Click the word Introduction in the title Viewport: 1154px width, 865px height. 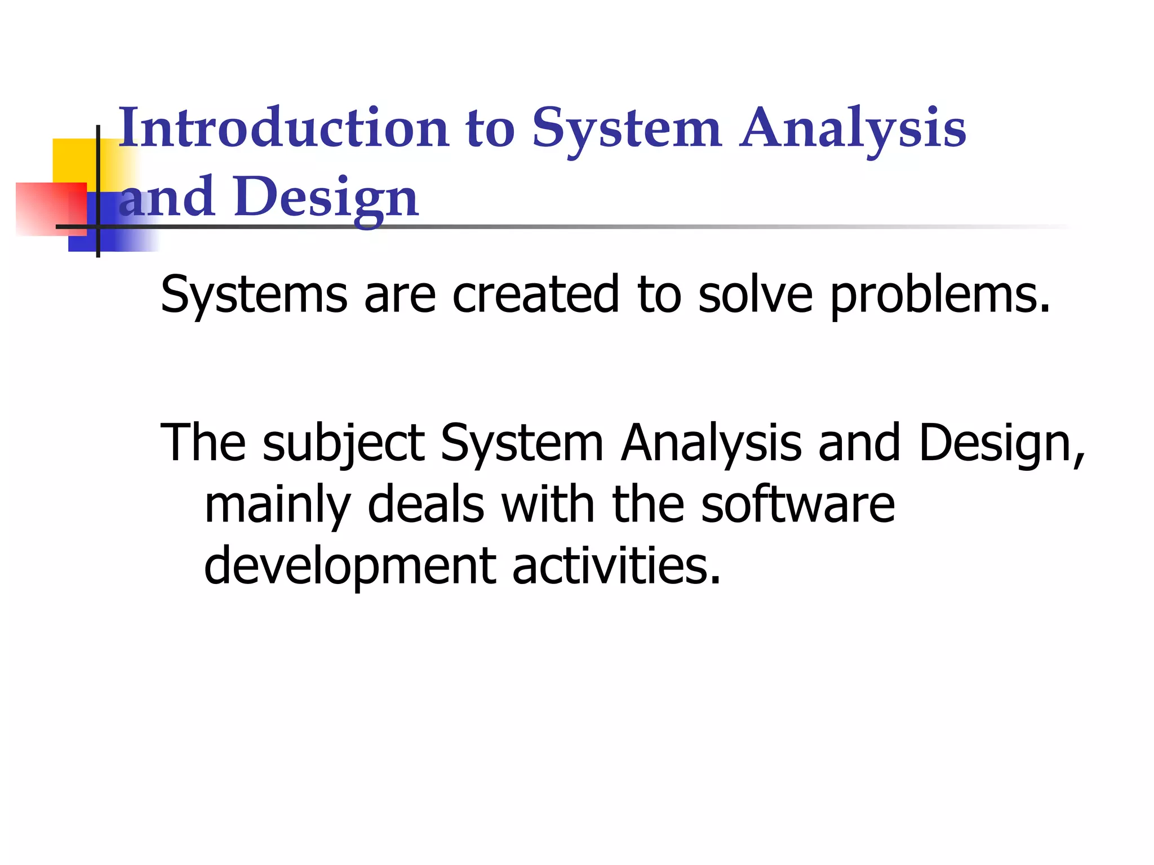[x=283, y=128]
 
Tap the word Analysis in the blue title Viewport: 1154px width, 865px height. [x=853, y=130]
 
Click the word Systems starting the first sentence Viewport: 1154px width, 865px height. [x=254, y=296]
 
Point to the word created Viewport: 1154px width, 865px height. [x=536, y=295]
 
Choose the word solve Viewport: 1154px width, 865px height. [x=755, y=295]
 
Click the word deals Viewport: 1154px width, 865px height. [x=426, y=505]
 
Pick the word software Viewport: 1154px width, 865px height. [x=797, y=505]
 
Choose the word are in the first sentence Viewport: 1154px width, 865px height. [x=400, y=296]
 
